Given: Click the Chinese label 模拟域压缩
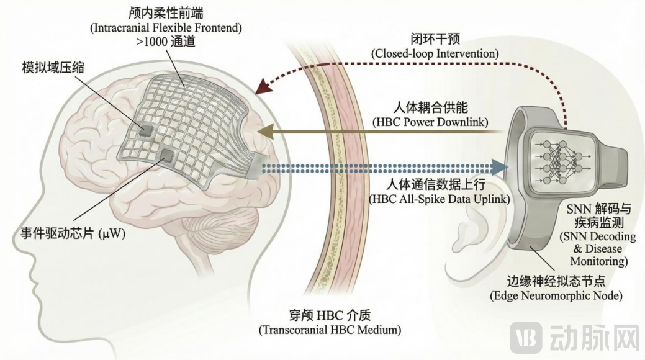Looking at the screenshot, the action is [x=53, y=68].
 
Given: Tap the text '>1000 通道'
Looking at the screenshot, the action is [x=166, y=42].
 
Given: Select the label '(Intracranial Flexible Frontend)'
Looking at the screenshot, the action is [x=166, y=27].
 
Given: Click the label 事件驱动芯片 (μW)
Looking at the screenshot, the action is [x=73, y=233].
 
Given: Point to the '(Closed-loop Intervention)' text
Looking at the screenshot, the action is [x=435, y=53].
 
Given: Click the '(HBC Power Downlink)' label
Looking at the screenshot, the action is [x=430, y=122].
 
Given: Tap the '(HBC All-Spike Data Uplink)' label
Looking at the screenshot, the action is [x=440, y=199].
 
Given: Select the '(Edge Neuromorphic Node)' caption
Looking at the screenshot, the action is [x=556, y=295].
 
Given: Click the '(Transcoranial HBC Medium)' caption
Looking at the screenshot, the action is [x=330, y=330].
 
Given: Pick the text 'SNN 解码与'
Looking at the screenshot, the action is [x=598, y=209].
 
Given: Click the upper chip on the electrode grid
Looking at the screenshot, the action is [x=145, y=130].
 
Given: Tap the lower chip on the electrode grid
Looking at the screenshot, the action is [x=168, y=155].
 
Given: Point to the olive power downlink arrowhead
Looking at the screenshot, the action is [x=263, y=132].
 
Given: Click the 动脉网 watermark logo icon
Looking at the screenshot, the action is [x=525, y=338].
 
